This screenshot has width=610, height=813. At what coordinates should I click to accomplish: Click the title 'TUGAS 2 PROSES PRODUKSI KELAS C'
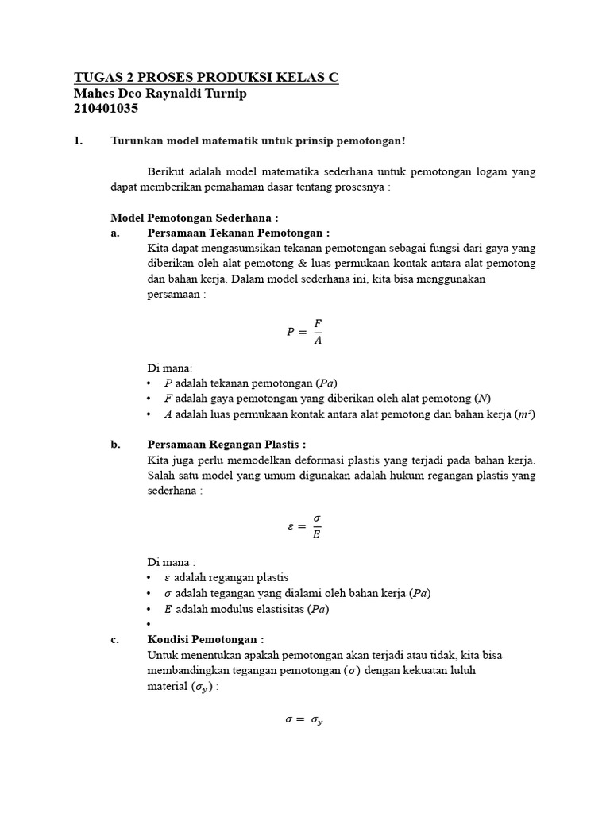pos(207,77)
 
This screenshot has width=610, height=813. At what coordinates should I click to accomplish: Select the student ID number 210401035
pos(106,109)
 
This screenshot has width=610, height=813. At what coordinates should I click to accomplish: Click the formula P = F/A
pos(304,333)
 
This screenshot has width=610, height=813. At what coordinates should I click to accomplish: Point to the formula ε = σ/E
pos(304,526)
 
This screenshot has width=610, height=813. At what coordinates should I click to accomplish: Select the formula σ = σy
pos(304,720)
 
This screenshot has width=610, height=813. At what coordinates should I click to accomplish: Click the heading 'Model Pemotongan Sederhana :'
pos(194,218)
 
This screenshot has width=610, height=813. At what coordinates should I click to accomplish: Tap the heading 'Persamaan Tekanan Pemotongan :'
pos(238,233)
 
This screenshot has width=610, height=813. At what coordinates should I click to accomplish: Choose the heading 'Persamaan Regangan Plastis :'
pos(226,444)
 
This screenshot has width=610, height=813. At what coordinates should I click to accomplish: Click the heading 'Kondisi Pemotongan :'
pos(206,639)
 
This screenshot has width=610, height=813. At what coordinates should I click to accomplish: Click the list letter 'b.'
pos(116,444)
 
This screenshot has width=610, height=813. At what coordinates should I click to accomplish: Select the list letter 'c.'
pos(116,639)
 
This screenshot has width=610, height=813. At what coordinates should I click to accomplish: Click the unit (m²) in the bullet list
pos(525,414)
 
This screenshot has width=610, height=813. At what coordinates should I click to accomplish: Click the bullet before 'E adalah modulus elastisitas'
pos(150,610)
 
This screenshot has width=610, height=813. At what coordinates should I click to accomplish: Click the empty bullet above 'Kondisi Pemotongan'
pos(150,625)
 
